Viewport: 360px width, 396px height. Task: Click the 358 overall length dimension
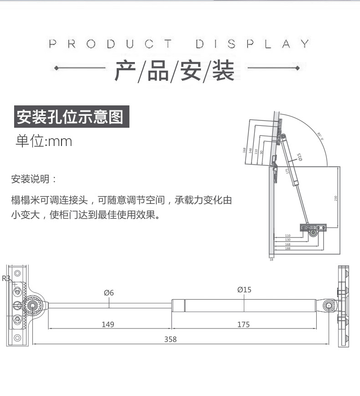pyautogui.click(x=171, y=339)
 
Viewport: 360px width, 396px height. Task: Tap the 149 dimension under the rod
pyautogui.click(x=108, y=324)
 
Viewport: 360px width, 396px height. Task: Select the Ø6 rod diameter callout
pyautogui.click(x=108, y=293)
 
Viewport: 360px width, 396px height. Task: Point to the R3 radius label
pyautogui.click(x=6, y=278)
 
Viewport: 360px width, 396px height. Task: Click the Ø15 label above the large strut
pyautogui.click(x=244, y=290)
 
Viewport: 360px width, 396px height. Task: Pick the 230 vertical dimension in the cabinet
pyautogui.click(x=336, y=198)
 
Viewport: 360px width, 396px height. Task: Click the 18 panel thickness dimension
pyautogui.click(x=271, y=259)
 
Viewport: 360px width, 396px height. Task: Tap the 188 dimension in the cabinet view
pyautogui.click(x=288, y=248)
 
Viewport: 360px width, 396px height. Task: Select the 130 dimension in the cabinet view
pyautogui.click(x=288, y=240)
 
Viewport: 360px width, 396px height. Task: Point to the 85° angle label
pyautogui.click(x=319, y=135)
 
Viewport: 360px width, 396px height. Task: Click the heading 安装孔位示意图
pyautogui.click(x=70, y=117)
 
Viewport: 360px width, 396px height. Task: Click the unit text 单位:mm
pyautogui.click(x=44, y=141)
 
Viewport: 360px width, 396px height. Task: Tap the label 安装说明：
pyautogui.click(x=34, y=178)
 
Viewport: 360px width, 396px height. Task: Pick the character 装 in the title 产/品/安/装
pyautogui.click(x=223, y=71)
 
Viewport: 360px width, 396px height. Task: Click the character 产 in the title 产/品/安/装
pyautogui.click(x=125, y=71)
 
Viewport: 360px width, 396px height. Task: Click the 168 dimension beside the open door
pyautogui.click(x=245, y=150)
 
